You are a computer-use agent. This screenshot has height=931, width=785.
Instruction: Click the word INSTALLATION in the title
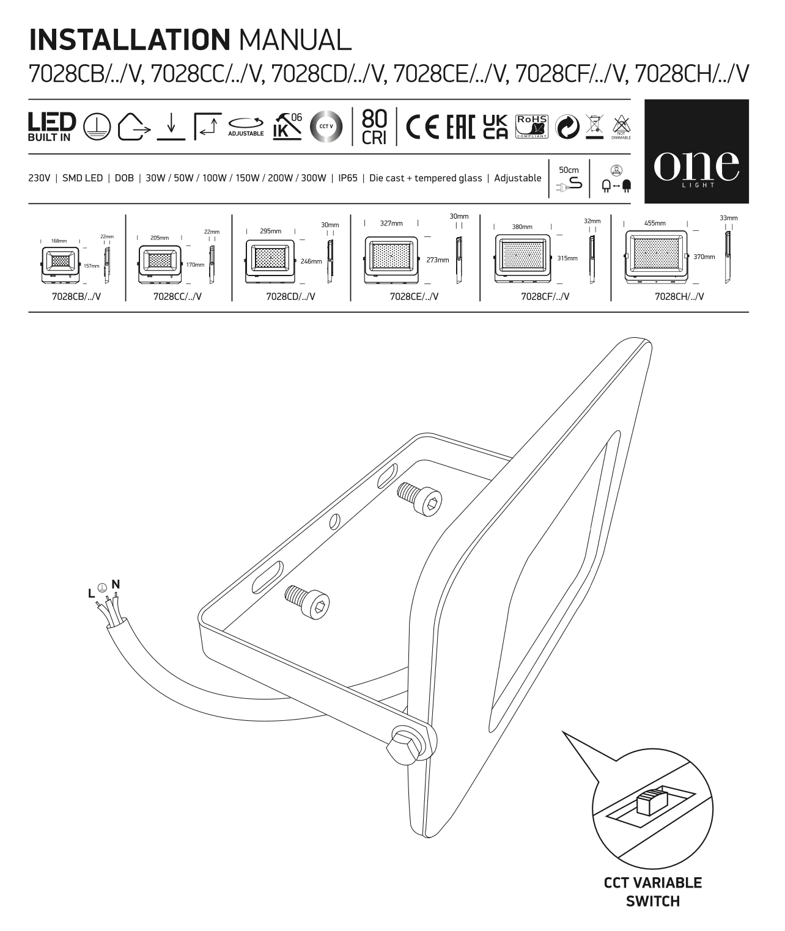pyautogui.click(x=129, y=40)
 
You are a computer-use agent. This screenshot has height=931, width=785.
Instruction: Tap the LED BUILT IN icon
pyautogui.click(x=52, y=126)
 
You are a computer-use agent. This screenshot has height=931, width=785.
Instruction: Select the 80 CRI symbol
pyautogui.click(x=374, y=126)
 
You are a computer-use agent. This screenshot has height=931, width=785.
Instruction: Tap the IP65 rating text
pyautogui.click(x=347, y=178)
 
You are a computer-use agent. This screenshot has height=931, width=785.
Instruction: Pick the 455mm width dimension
pyautogui.click(x=655, y=223)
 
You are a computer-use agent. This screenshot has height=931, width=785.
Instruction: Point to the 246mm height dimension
pyautogui.click(x=311, y=261)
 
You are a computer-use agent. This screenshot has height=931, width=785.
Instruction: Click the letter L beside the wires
pyautogui.click(x=91, y=593)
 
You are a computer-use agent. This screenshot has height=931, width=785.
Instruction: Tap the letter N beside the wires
pyautogui.click(x=115, y=583)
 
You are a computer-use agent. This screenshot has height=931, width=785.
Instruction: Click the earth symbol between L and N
pyautogui.click(x=103, y=588)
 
